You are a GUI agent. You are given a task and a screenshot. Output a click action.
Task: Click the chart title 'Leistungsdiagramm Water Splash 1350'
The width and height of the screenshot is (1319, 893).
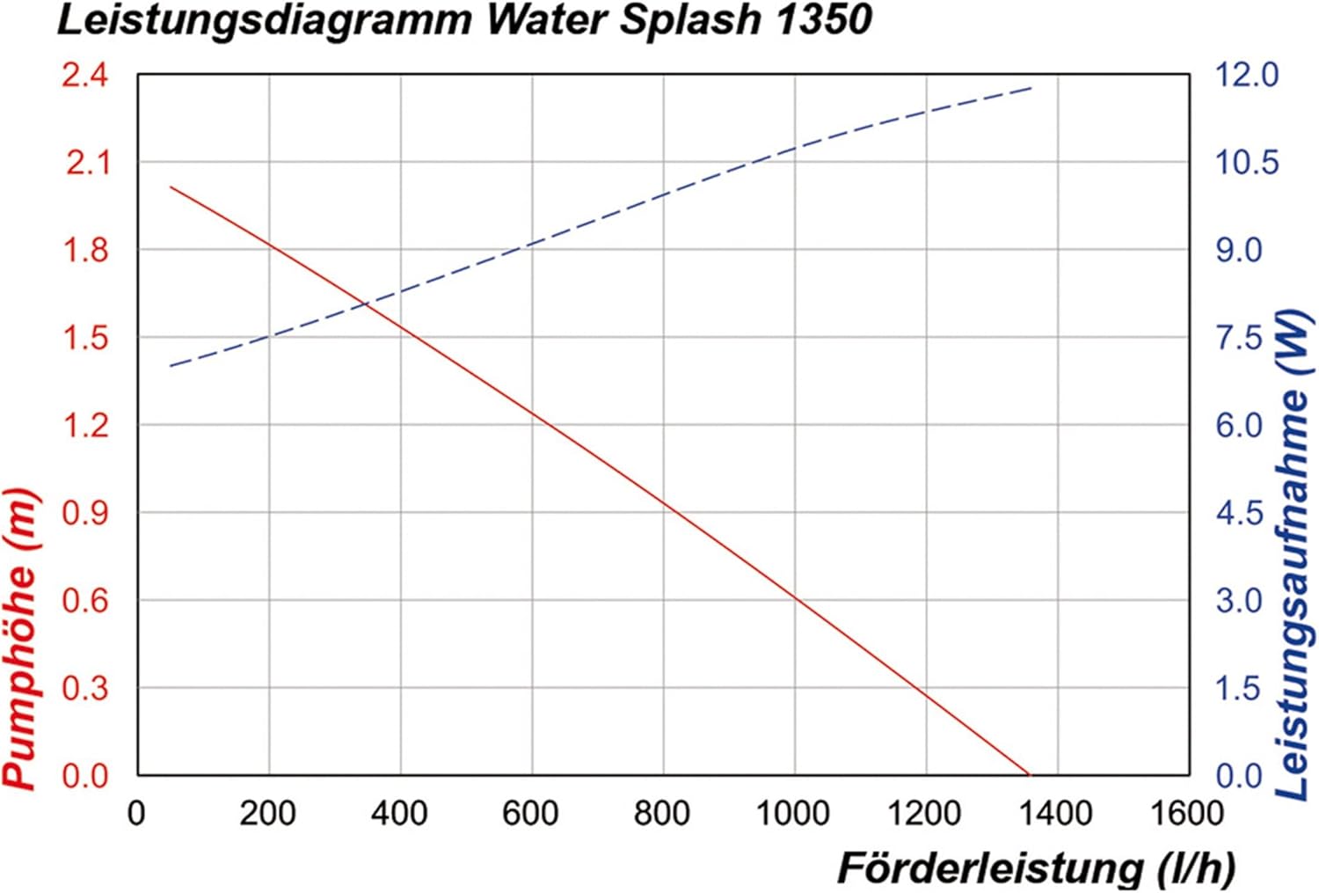tap(463, 19)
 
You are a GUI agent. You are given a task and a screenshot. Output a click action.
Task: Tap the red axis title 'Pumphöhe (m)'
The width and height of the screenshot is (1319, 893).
tap(21, 639)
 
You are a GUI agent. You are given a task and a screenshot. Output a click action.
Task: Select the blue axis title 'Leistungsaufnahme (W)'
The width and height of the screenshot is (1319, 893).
tap(1293, 555)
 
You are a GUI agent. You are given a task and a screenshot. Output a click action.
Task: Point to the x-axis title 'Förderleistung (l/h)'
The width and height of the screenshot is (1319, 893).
tap(1036, 868)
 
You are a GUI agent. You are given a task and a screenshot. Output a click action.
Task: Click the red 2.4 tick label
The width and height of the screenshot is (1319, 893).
tap(85, 76)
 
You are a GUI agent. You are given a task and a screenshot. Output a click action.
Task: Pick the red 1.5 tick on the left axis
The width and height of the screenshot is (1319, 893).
tap(85, 338)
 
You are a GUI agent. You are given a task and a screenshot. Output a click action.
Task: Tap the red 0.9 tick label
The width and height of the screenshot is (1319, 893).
tap(85, 513)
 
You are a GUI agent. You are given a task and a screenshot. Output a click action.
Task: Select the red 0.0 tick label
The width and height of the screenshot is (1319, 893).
tap(85, 776)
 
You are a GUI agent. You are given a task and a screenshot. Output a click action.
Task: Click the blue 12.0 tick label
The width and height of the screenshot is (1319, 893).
tap(1246, 76)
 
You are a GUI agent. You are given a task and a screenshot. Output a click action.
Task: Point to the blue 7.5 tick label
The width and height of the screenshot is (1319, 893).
tap(1240, 338)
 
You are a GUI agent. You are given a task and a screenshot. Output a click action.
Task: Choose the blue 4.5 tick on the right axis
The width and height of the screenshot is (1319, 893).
tap(1240, 513)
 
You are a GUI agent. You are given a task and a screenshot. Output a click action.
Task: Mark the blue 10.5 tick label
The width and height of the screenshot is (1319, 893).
tap(1246, 163)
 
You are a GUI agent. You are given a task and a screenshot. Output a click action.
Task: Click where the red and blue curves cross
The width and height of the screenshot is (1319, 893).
tap(362, 304)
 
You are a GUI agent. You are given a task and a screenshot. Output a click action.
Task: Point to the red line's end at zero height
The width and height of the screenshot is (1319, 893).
tap(1029, 774)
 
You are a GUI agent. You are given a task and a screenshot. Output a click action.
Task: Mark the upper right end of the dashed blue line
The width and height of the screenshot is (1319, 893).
tap(1031, 88)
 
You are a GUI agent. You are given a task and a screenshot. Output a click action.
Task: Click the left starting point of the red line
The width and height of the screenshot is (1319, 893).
tap(171, 187)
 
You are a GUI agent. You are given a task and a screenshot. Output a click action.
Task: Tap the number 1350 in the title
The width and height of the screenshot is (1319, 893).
tap(824, 19)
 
